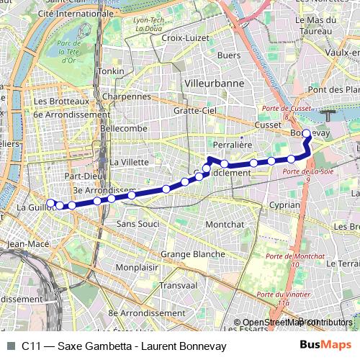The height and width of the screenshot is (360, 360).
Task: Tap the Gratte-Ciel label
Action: (x=195, y=111)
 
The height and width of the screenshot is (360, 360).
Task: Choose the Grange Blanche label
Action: (x=192, y=254)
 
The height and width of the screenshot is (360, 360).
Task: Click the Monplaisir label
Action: (x=137, y=267)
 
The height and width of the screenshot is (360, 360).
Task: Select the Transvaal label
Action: (x=179, y=284)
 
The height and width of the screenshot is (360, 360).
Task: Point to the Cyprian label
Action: (x=284, y=205)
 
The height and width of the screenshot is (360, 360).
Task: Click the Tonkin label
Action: (x=112, y=71)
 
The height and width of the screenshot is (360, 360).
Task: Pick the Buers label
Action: (x=229, y=55)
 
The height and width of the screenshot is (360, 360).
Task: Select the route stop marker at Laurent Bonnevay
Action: (x=307, y=133)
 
